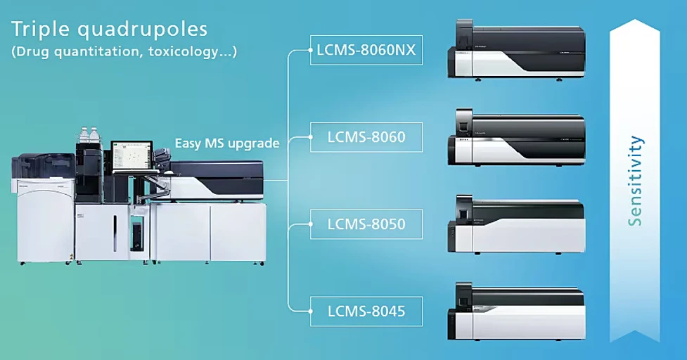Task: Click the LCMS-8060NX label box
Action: pos(366,51)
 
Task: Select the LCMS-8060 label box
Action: pos(366,137)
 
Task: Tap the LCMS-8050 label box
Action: pos(366,224)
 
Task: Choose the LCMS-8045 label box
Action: pos(366,310)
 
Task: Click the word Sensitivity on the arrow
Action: pos(636,180)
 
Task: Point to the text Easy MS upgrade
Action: pos(227,143)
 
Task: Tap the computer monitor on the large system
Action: pos(131,155)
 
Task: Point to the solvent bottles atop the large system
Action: pos(89,136)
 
